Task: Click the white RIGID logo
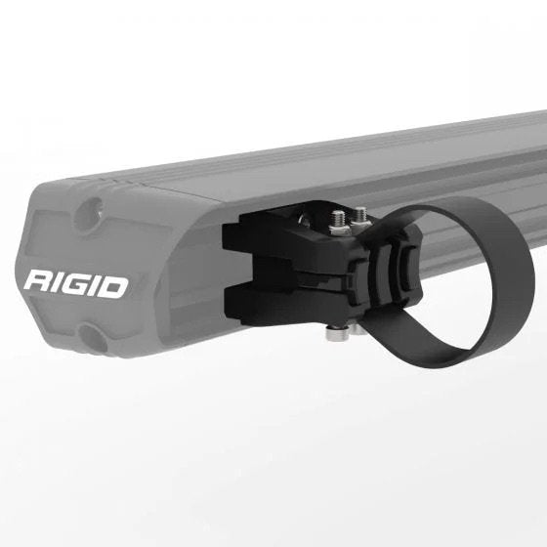[x=75, y=285]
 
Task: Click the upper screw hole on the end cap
[x=93, y=209]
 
